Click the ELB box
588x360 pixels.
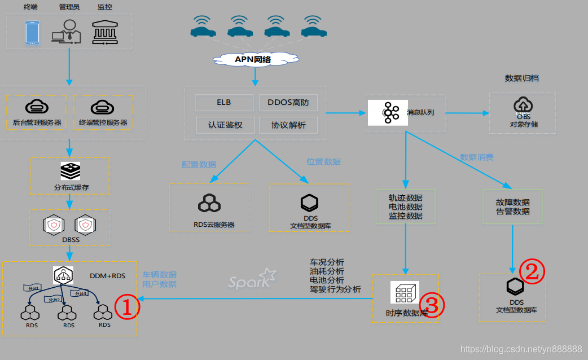(x=224, y=103)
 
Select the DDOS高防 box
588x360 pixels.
(x=288, y=103)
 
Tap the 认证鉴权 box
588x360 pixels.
(x=224, y=125)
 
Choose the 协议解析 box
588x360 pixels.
(x=288, y=125)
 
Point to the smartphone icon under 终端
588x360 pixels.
(x=32, y=32)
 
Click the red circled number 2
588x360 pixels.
(x=532, y=271)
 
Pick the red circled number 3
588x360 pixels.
(x=432, y=305)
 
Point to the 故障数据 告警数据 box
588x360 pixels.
(x=512, y=207)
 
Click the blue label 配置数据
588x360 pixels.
(x=199, y=164)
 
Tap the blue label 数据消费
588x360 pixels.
(x=476, y=157)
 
